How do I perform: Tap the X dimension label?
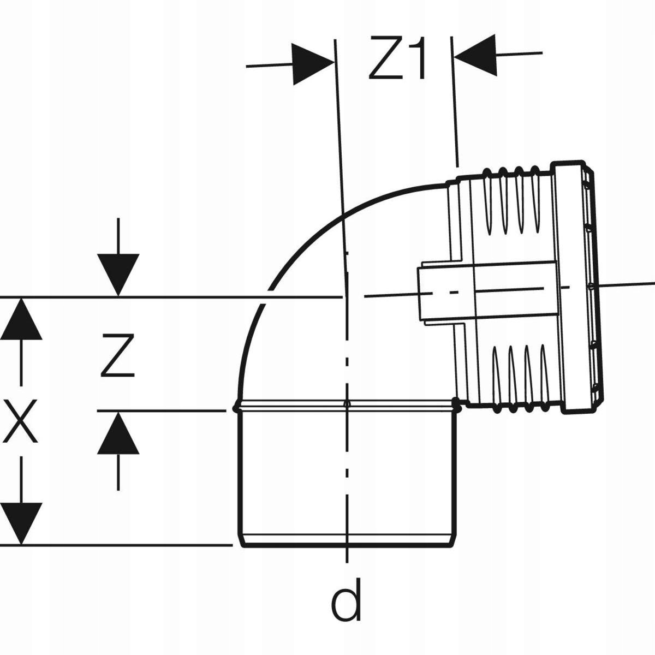21,421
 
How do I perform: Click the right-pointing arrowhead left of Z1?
313,64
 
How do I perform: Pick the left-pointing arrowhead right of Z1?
475,55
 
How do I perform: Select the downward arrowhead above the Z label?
118,275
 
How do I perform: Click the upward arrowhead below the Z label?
118,433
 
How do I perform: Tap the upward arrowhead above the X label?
21,319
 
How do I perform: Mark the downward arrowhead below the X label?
21,523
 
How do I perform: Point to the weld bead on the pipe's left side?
236,407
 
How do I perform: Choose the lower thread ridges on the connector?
516,377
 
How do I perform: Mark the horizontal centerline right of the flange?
628,283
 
